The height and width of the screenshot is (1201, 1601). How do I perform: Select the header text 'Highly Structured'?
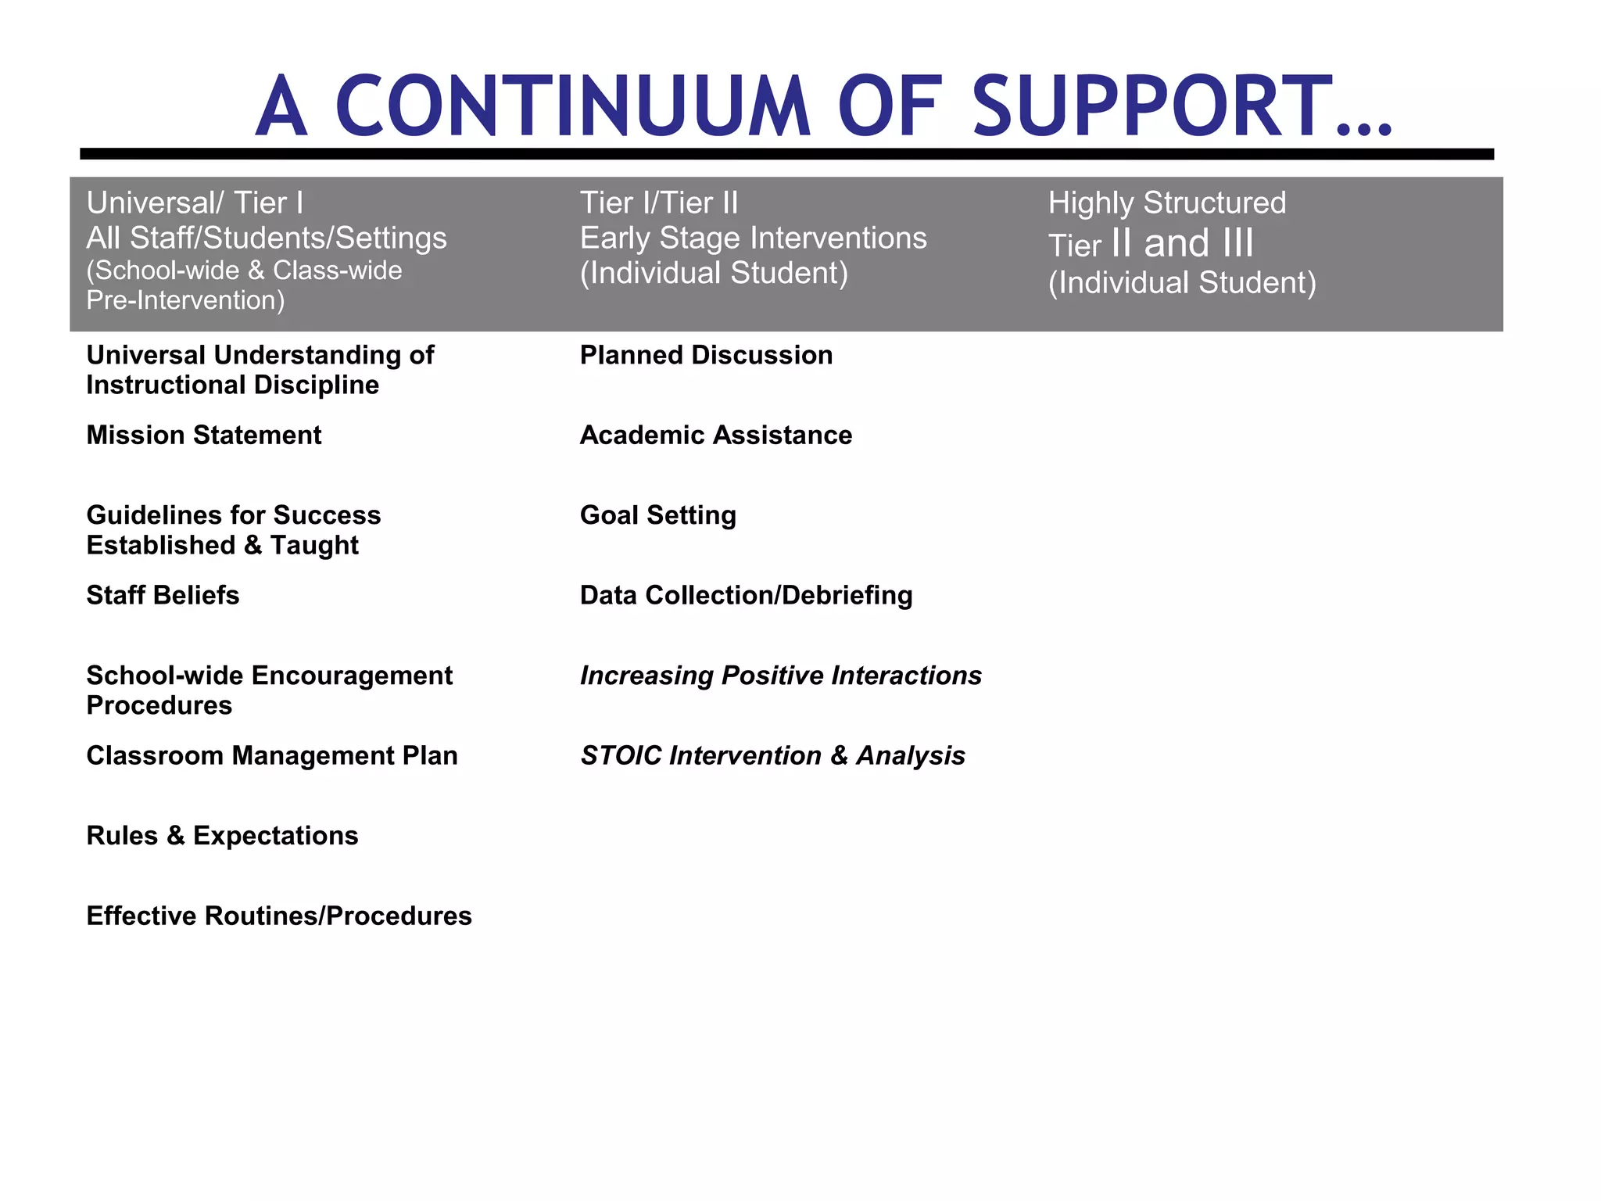click(x=1166, y=203)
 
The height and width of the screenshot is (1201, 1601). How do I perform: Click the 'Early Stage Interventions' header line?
click(x=753, y=238)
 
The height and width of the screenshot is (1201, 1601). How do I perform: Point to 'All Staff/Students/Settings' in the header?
click(x=267, y=238)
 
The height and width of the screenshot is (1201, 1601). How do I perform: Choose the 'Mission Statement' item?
click(x=204, y=435)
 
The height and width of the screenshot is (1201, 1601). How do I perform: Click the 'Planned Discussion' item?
click(x=706, y=355)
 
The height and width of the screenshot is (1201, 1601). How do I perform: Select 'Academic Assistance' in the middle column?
click(x=716, y=435)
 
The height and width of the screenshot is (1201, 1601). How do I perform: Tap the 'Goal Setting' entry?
click(x=658, y=515)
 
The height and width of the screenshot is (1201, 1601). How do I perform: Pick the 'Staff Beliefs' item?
click(x=163, y=595)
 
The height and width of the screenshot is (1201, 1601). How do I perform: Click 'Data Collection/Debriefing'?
click(x=746, y=595)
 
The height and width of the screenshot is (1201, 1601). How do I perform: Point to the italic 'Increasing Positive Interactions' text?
click(x=780, y=676)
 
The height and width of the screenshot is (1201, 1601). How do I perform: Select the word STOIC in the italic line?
click(x=621, y=755)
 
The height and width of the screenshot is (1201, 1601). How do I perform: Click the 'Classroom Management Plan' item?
click(x=272, y=755)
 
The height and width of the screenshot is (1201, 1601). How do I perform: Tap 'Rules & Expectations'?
click(x=222, y=836)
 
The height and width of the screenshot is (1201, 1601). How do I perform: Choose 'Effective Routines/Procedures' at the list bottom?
click(x=279, y=916)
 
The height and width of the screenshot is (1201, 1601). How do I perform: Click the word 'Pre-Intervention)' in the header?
click(x=185, y=300)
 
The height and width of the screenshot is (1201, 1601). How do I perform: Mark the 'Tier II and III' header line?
click(x=1151, y=244)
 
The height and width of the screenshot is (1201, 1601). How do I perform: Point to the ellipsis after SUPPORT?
click(x=1364, y=129)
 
